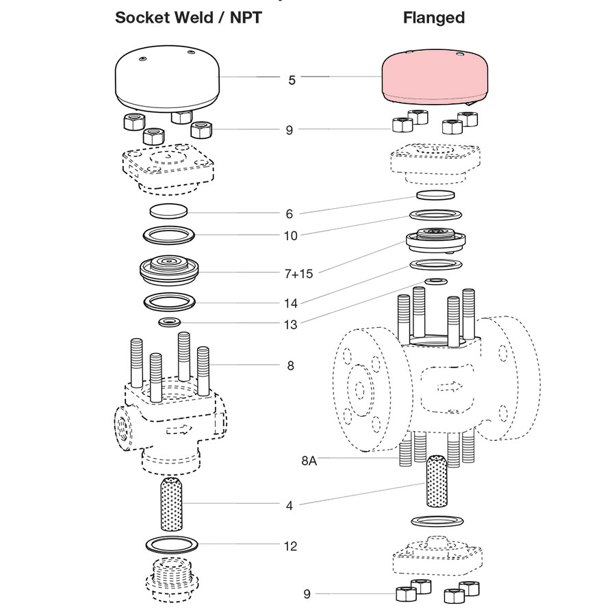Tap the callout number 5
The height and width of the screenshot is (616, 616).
[292, 80]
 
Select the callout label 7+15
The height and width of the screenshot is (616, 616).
[298, 274]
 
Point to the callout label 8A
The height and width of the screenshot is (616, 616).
[309, 461]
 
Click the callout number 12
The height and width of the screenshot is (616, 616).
[290, 546]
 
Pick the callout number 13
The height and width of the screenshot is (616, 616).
[290, 324]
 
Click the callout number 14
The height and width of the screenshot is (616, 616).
[290, 302]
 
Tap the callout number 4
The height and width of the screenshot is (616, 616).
[290, 506]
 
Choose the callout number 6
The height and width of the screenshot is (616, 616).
[290, 214]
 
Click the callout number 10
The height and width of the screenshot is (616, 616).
[290, 236]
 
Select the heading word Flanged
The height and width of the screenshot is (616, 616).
[433, 18]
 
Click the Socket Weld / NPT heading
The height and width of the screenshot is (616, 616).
[188, 18]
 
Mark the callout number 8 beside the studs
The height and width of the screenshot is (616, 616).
[290, 366]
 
